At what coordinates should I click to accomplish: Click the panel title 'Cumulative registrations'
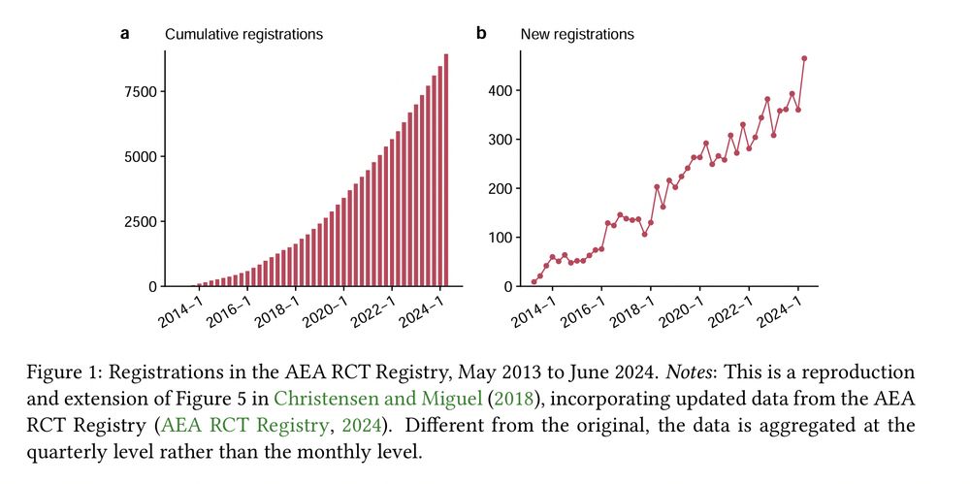(243, 35)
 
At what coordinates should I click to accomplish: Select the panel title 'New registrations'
(577, 35)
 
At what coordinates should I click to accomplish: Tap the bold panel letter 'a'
(125, 34)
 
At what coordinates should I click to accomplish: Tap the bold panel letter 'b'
(481, 34)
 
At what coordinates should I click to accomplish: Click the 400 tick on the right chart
(501, 91)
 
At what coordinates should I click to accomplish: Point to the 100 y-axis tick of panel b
(501, 238)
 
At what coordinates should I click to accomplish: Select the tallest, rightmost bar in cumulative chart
(446, 170)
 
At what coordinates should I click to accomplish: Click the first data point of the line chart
(533, 282)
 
